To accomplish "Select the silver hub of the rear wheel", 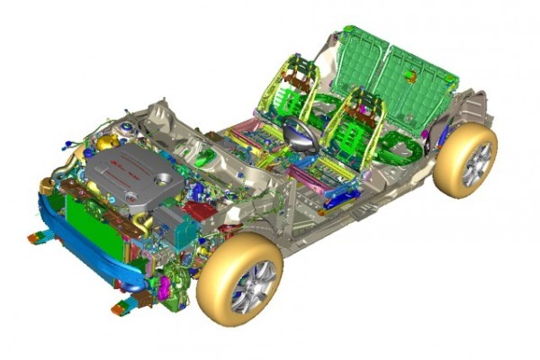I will pos(476,163).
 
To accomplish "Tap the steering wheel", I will pos(297,135).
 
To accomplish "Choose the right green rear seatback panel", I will pos(414,90).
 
